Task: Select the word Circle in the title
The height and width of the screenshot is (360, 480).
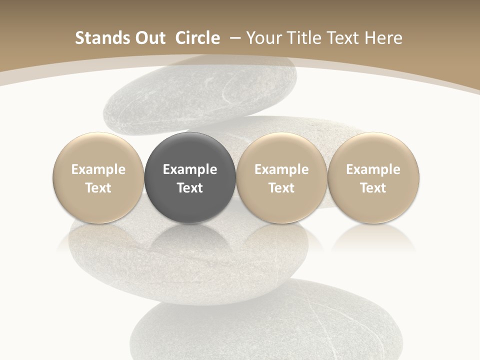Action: [197, 38]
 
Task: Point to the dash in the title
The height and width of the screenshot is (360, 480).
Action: [234, 38]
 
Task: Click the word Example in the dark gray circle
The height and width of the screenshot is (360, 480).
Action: [190, 169]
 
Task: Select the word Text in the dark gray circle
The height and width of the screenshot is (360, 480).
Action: [190, 188]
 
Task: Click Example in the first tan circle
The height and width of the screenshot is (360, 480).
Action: [98, 169]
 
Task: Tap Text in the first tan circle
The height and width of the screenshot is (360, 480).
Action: [98, 188]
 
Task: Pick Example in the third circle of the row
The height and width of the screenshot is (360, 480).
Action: [281, 169]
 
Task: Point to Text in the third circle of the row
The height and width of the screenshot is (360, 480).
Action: [281, 188]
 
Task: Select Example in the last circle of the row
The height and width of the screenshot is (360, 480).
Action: [373, 169]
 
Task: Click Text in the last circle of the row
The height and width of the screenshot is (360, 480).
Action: [373, 188]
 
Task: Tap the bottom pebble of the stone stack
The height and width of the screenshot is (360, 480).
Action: [265, 325]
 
